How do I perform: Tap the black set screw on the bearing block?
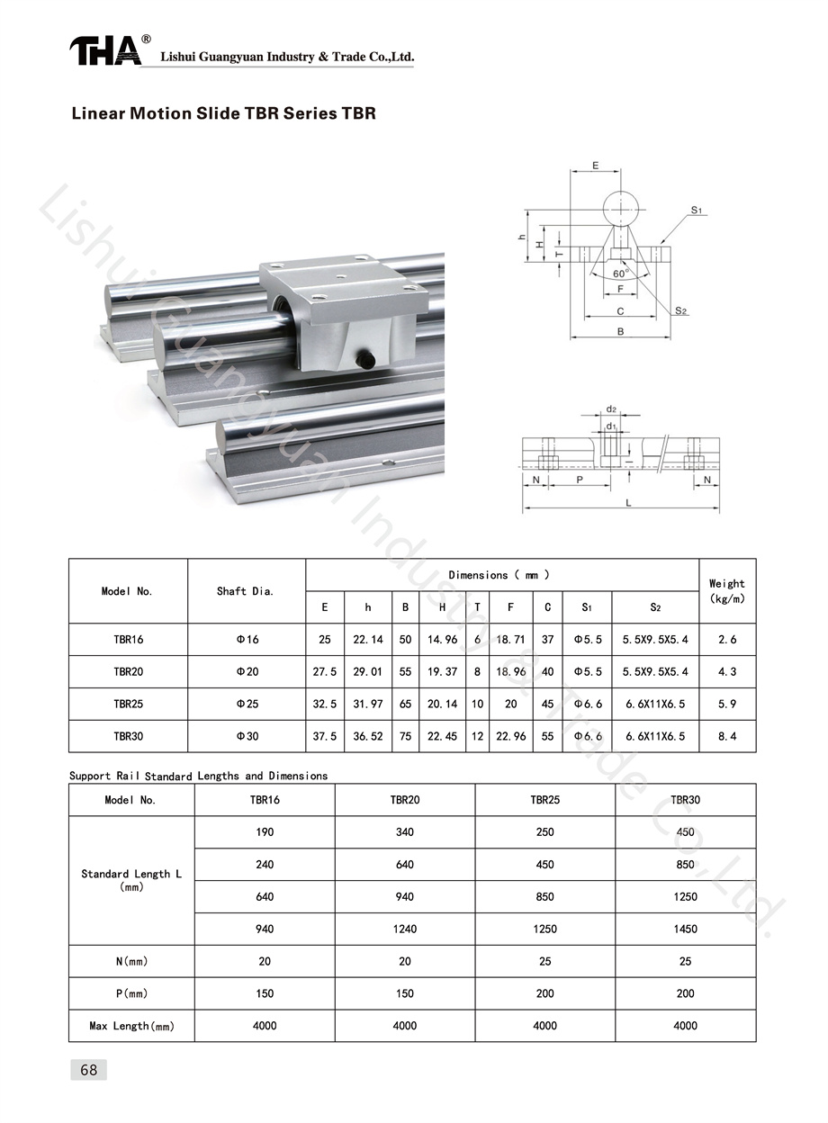[x=365, y=358]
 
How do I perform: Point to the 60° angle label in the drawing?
[x=621, y=274]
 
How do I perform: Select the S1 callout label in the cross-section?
[x=697, y=210]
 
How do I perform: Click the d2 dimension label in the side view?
[x=611, y=409]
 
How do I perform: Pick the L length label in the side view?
[x=628, y=503]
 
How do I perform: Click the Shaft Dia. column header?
[x=245, y=591]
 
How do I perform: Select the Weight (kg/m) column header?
[x=726, y=591]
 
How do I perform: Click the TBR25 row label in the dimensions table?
[x=129, y=704]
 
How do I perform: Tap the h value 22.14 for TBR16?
[x=367, y=640]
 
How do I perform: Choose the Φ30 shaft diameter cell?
[x=247, y=736]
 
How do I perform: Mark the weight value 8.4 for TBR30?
[x=727, y=736]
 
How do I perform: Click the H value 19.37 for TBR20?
[x=442, y=672]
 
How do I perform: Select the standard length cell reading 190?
[x=265, y=832]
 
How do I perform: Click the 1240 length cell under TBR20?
[x=405, y=929]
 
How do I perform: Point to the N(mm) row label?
[x=132, y=962]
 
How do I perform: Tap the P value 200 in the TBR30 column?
[x=685, y=993]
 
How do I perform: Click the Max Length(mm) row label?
[x=132, y=1026]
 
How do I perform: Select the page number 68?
[x=89, y=1070]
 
